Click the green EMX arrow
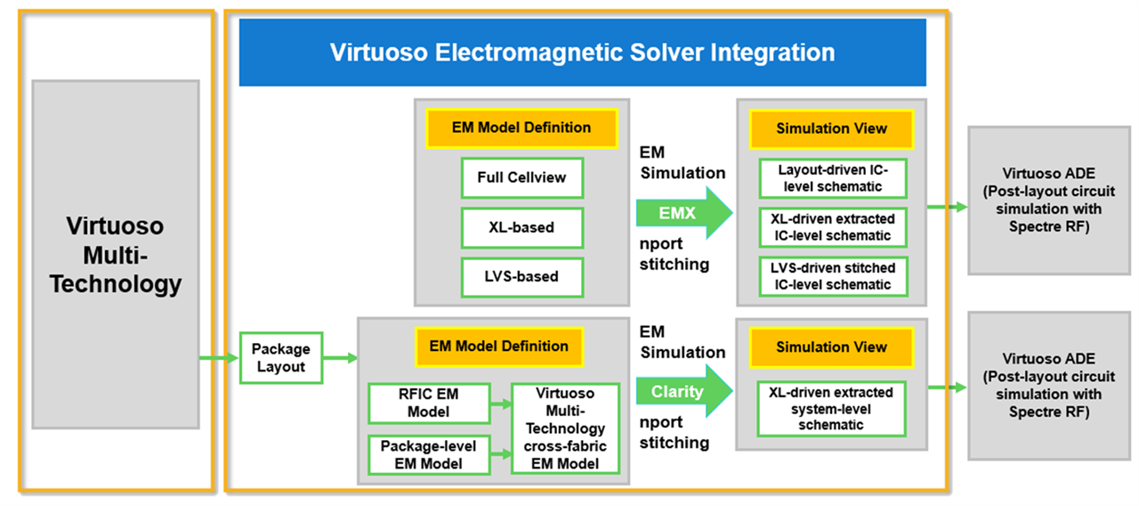[x=684, y=213]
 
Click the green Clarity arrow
[x=684, y=391]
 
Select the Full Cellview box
[x=522, y=177]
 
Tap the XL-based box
[x=522, y=227]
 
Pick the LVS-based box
[x=522, y=277]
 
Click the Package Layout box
[x=281, y=358]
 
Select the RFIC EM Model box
[x=429, y=404]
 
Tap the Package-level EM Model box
[x=429, y=454]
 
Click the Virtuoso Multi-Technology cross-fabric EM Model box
[x=565, y=428]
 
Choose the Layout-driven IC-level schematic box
[x=833, y=178]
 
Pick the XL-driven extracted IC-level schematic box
[x=833, y=227]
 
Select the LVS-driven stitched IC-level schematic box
[x=833, y=276]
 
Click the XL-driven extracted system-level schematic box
[x=831, y=409]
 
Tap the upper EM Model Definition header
[x=521, y=127]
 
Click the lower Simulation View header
[x=831, y=347]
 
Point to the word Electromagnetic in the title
[x=529, y=53]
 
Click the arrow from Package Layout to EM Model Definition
[x=340, y=358]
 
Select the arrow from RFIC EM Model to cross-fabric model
[x=501, y=404]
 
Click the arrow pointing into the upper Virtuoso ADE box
[x=948, y=207]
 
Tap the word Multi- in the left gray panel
[x=116, y=255]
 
